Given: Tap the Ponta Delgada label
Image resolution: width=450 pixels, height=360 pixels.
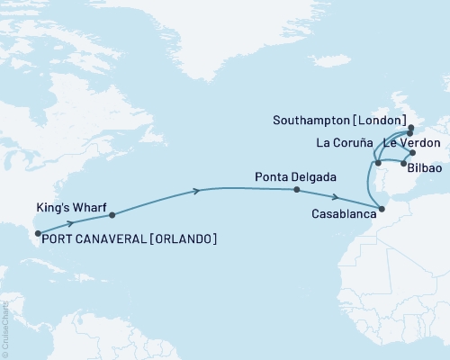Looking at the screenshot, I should pyautogui.click(x=289, y=176).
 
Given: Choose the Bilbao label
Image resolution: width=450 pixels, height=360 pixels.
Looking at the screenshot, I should pyautogui.click(x=424, y=168).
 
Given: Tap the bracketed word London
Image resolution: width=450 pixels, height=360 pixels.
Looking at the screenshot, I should pyautogui.click(x=389, y=121).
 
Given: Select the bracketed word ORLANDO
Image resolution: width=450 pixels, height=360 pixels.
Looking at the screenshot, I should pyautogui.click(x=184, y=238).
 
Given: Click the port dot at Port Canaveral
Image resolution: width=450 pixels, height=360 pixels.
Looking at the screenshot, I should pyautogui.click(x=37, y=234).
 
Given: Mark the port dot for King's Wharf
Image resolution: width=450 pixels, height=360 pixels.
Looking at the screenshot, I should pyautogui.click(x=112, y=215).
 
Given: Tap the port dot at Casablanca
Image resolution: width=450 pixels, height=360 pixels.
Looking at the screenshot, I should pyautogui.click(x=382, y=209).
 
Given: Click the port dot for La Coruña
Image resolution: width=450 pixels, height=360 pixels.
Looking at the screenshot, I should pyautogui.click(x=377, y=162).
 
